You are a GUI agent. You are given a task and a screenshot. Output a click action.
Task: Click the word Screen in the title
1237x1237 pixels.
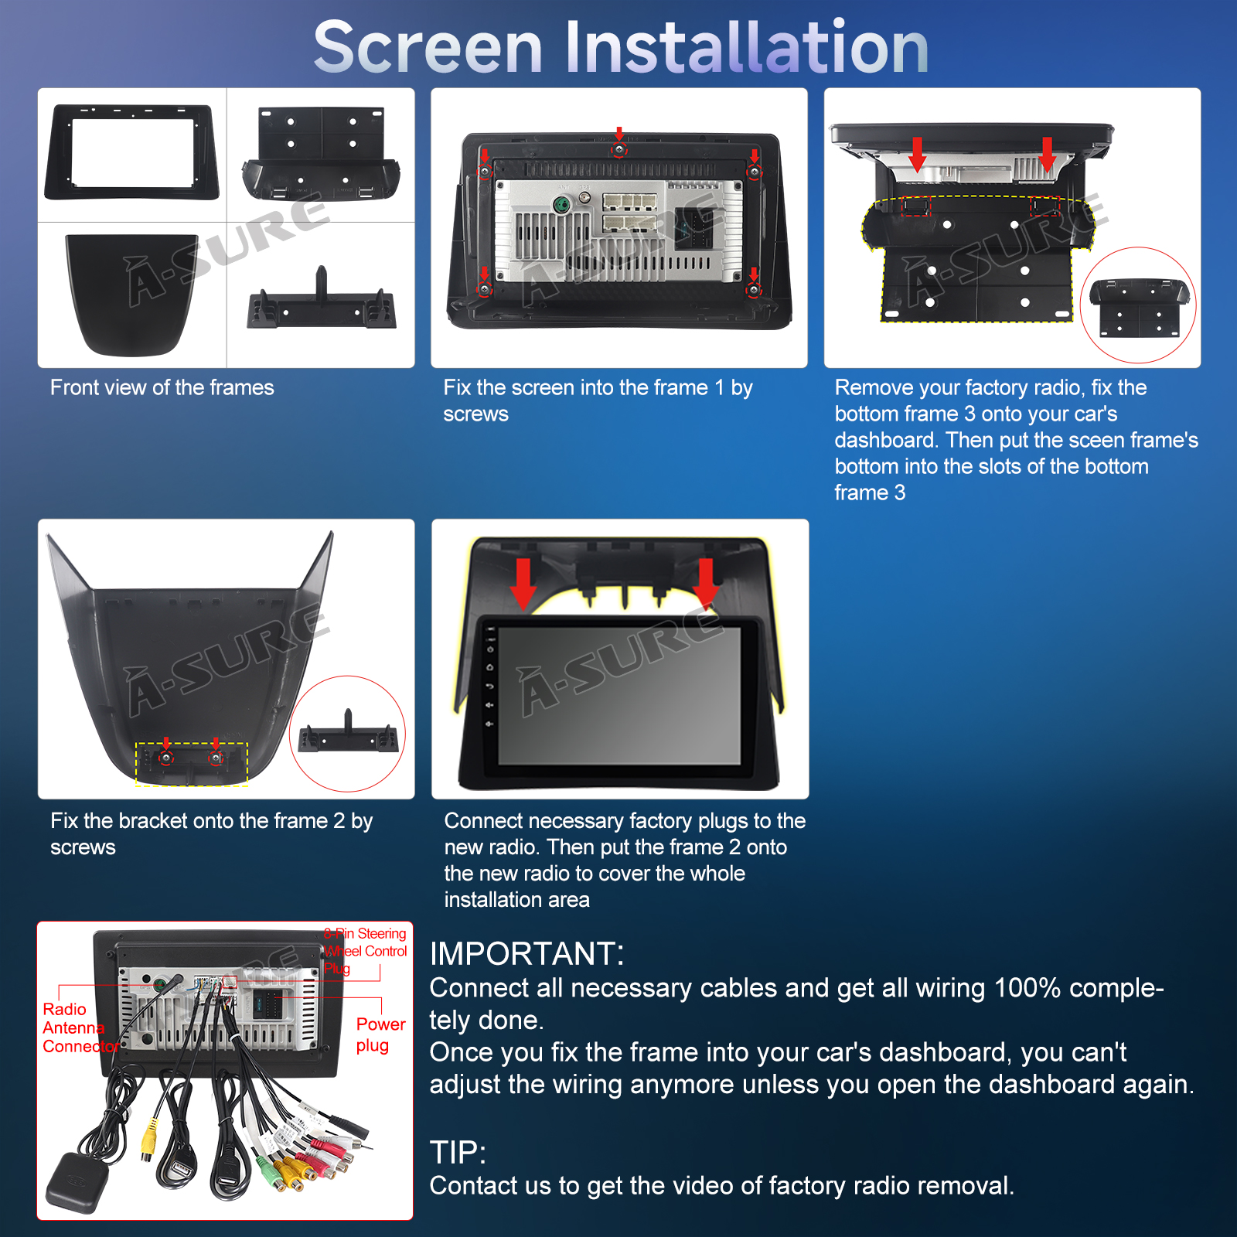tap(428, 48)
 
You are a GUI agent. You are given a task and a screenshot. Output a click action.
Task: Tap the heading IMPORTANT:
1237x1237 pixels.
tap(526, 954)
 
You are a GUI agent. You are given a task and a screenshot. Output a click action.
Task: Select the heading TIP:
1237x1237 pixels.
tap(458, 1153)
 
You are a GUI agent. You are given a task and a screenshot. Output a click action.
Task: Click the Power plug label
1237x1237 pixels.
tap(380, 1034)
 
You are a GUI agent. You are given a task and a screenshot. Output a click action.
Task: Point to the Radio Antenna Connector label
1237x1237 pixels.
tap(80, 1027)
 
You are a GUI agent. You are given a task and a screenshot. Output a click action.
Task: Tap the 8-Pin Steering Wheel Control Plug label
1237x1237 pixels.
tap(365, 951)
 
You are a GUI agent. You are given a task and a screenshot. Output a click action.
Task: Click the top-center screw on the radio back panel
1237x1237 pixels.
tap(618, 149)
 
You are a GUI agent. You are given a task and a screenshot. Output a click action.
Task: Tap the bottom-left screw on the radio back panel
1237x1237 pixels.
tap(485, 288)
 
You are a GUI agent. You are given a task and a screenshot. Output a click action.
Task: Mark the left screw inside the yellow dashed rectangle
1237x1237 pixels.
tap(166, 758)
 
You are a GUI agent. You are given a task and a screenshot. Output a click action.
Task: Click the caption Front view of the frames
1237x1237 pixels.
tap(162, 387)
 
